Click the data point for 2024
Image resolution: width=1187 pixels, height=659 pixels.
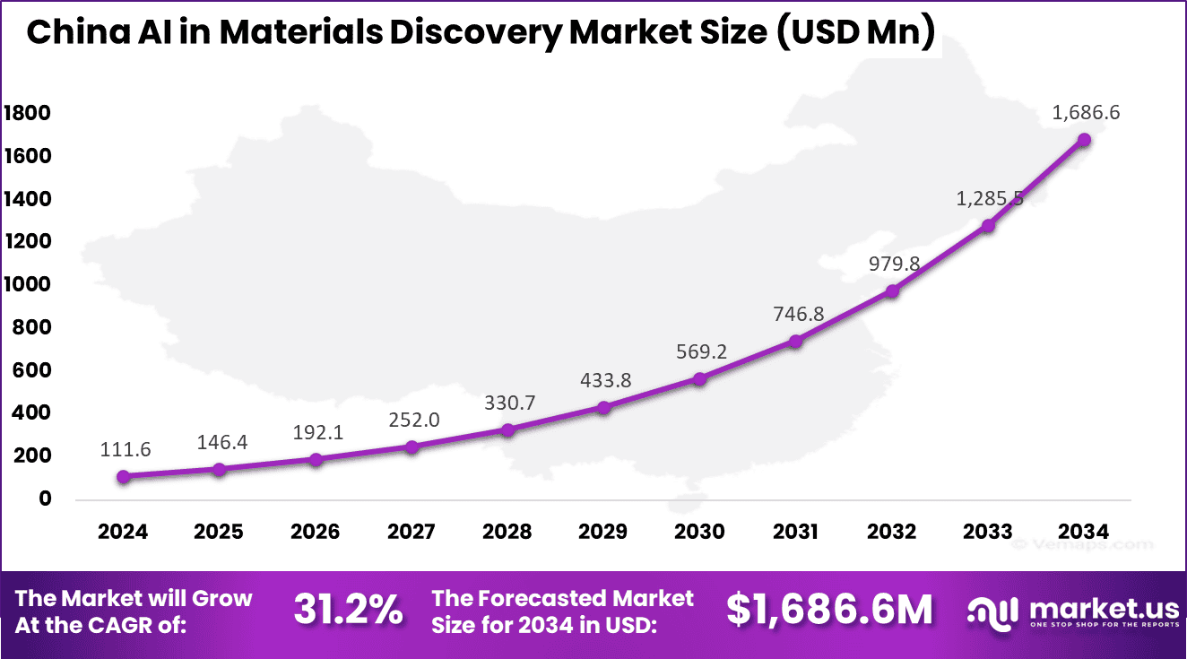(123, 476)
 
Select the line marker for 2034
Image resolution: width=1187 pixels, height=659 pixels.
(1083, 140)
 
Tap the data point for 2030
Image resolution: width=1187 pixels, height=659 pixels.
(699, 379)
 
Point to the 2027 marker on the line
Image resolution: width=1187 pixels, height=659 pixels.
(412, 447)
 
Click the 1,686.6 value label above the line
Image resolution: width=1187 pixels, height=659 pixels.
(1083, 113)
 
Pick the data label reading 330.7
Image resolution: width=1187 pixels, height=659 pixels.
(507, 403)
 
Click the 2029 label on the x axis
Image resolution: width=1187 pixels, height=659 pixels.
(603, 532)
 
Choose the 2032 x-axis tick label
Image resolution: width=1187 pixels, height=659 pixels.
(891, 532)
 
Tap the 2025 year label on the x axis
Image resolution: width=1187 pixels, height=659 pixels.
(219, 532)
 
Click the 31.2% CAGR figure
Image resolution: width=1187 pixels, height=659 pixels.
(348, 611)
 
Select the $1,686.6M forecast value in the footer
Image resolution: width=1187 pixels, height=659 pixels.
(829, 610)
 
